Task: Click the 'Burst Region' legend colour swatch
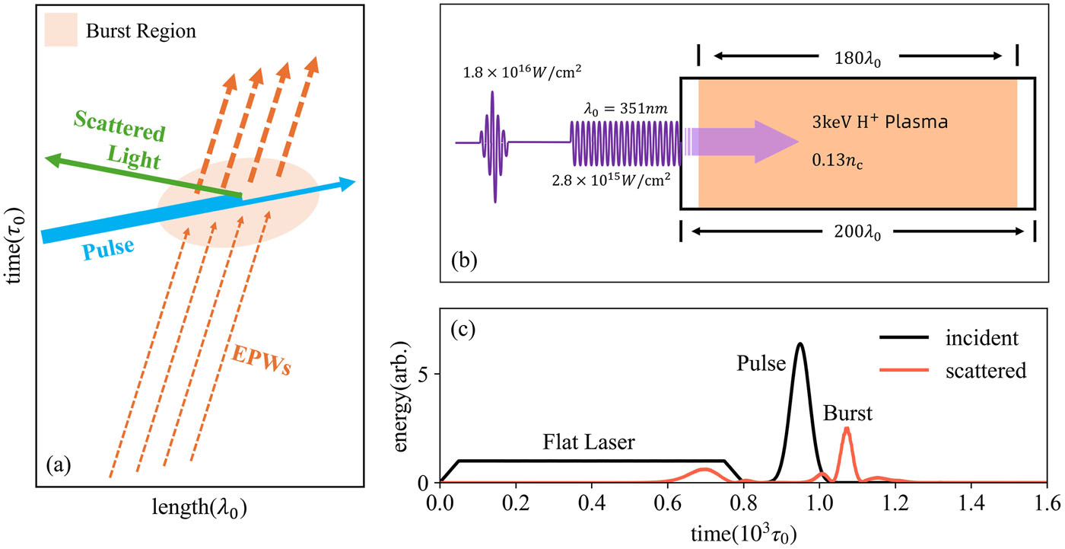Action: click(61, 30)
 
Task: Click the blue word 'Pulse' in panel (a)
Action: click(108, 248)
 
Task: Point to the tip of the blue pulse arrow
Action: click(356, 181)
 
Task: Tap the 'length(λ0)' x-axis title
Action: click(199, 508)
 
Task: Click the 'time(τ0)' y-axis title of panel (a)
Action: click(14, 245)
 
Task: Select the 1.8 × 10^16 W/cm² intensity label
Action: click(522, 72)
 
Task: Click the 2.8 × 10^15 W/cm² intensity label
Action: click(612, 180)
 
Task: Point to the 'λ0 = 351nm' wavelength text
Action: click(625, 109)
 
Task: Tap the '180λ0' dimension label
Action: click(857, 59)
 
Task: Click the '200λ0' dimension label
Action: click(857, 232)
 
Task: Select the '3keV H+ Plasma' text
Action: click(879, 122)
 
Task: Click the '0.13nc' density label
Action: click(838, 161)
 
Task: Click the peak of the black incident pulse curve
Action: click(800, 343)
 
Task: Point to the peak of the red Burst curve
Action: click(846, 428)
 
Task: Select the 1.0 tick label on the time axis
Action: click(820, 503)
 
